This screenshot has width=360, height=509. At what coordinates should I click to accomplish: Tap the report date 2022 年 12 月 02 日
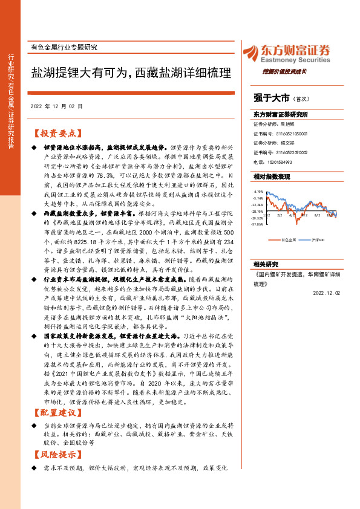pos(59,106)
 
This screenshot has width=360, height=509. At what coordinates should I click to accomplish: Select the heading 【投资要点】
pos(57,134)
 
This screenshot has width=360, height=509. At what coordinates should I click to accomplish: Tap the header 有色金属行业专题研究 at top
pos(63,47)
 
